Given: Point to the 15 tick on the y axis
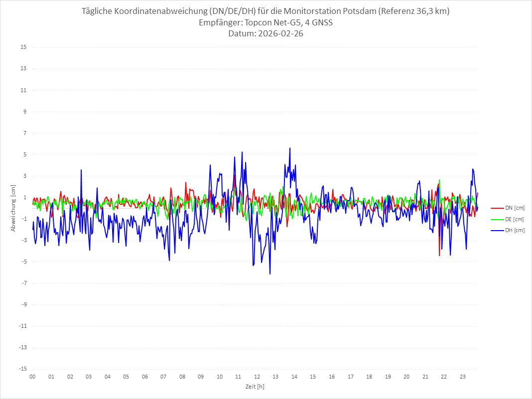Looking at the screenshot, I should click(23, 47).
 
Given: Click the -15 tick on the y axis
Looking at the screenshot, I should click(22, 369).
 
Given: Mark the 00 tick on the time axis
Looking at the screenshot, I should click(32, 377).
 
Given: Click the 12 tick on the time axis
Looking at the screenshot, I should click(257, 377).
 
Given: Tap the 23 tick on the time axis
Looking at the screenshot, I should click(463, 377).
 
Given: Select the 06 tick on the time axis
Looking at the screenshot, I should click(144, 377).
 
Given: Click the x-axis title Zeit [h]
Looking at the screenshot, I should click(255, 387).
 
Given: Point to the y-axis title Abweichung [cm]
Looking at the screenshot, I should click(13, 208).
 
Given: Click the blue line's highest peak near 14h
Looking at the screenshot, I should click(290, 148).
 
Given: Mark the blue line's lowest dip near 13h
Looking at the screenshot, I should click(270, 274).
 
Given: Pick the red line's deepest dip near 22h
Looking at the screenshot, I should click(439, 256).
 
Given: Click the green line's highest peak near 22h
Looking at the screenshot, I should click(439, 180).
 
